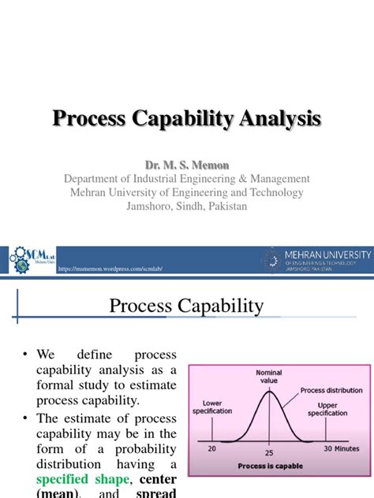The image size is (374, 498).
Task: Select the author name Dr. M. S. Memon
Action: [186, 164]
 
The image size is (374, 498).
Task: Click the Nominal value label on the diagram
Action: [269, 376]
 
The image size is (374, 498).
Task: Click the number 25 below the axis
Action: [269, 455]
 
